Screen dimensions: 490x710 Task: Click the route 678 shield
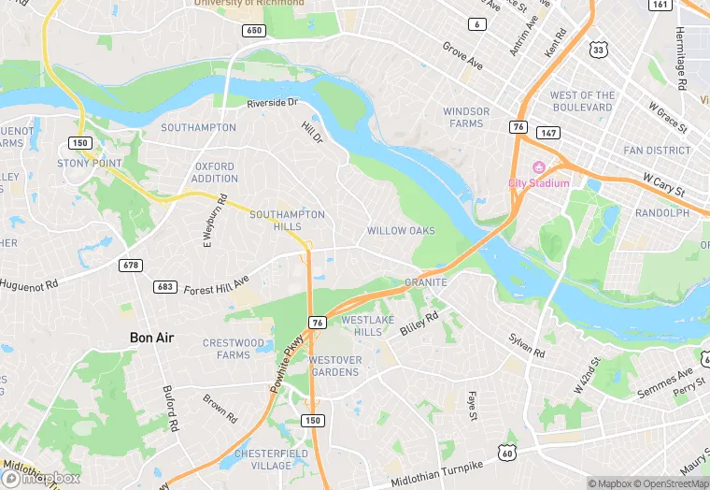(x=132, y=266)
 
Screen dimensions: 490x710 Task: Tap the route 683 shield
(x=165, y=287)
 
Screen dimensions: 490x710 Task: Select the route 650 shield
(x=253, y=31)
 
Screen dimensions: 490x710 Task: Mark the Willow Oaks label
(x=401, y=231)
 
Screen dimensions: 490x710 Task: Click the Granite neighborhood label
(x=425, y=281)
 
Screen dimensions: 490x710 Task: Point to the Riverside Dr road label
(x=272, y=103)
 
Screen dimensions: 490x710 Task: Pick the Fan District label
(x=657, y=151)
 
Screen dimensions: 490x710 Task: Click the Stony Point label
(x=90, y=164)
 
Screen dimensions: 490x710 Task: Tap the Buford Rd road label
(x=170, y=410)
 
